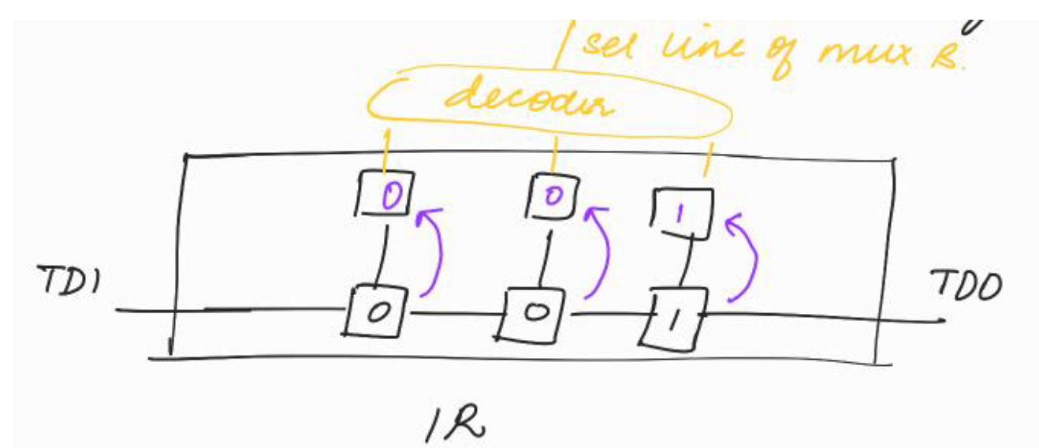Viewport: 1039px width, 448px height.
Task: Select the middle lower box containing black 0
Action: point(536,312)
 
